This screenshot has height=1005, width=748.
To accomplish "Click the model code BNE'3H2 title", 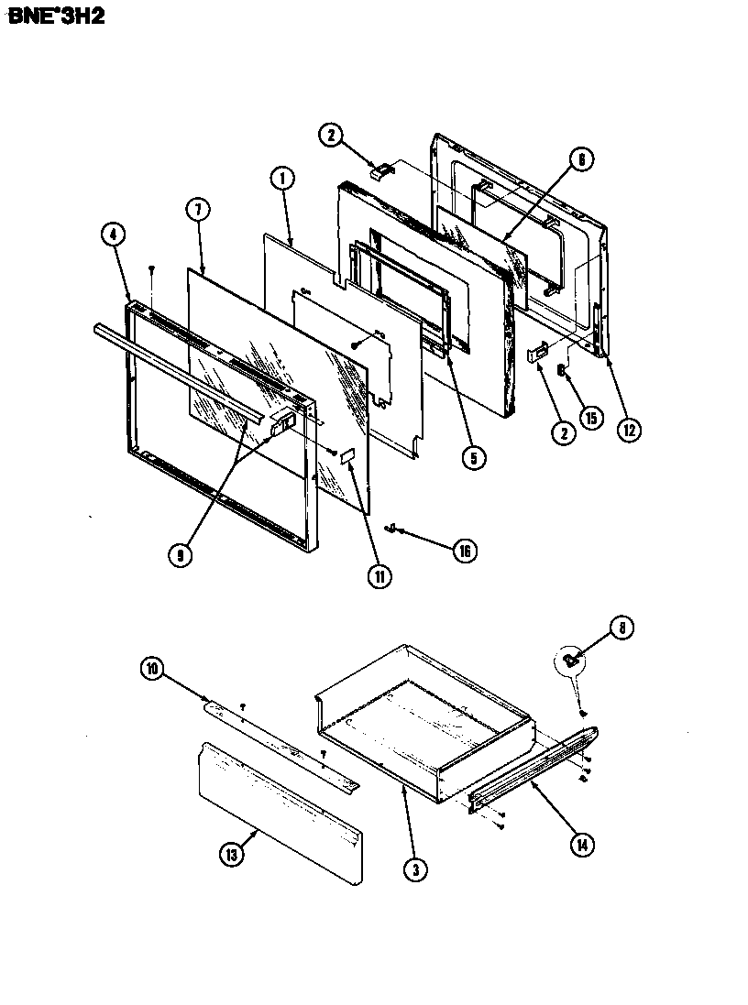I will [56, 16].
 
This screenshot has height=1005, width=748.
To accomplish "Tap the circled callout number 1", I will [281, 180].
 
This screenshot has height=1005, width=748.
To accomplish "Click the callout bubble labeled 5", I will [472, 458].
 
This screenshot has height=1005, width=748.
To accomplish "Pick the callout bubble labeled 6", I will [579, 158].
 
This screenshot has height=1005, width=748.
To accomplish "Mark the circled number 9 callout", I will [181, 555].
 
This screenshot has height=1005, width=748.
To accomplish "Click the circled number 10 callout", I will [152, 670].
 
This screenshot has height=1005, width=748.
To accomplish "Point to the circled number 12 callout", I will [627, 429].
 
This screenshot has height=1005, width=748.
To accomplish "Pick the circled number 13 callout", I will [232, 856].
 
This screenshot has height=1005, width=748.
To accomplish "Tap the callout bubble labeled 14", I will [580, 844].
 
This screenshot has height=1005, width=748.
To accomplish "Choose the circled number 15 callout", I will [590, 418].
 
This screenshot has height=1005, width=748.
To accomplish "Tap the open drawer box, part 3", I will [422, 715].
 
